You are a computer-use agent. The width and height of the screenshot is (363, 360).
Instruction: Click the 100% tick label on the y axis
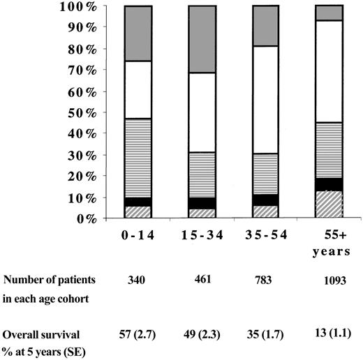77,6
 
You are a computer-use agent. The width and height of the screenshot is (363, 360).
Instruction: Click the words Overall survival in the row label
40,324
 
